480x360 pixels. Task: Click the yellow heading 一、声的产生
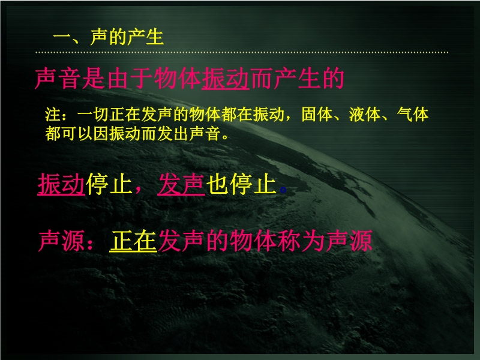[109, 37]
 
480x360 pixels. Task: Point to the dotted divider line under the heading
[242, 52]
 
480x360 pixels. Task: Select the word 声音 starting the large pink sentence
[58, 79]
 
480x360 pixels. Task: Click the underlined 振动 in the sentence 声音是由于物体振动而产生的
[226, 79]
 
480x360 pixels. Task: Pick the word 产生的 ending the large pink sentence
[309, 79]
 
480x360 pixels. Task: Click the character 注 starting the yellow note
[53, 115]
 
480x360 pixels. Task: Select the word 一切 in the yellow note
[93, 115]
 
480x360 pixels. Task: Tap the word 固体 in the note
[317, 115]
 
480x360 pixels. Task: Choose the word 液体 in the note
[365, 115]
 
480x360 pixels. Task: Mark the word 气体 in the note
[413, 115]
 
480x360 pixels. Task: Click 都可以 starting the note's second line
[69, 134]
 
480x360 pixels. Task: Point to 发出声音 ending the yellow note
[189, 134]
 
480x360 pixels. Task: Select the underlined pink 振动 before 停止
[61, 184]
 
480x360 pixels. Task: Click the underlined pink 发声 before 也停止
[181, 184]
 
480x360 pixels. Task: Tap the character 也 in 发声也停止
[217, 184]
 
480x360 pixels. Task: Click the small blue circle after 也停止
[283, 190]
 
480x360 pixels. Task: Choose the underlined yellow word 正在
[133, 241]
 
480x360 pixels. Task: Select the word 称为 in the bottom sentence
[301, 241]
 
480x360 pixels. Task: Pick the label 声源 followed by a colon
[61, 241]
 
